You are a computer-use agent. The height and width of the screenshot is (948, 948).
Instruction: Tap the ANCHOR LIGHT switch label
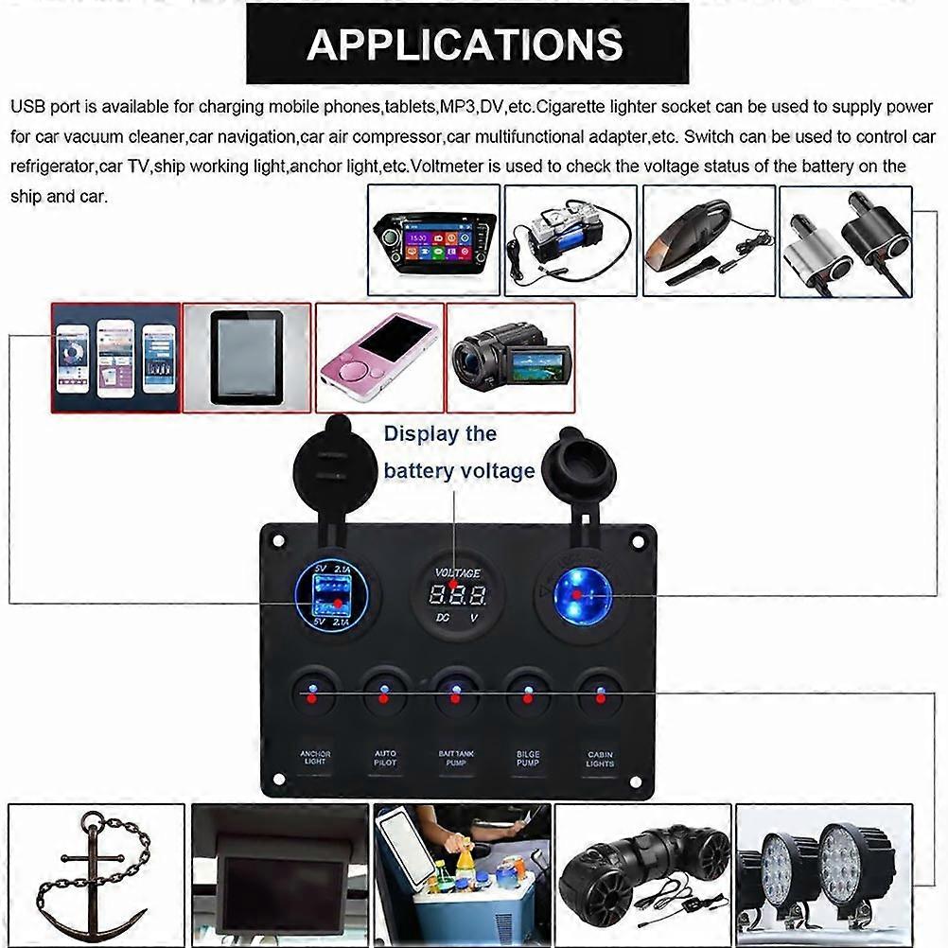(x=315, y=758)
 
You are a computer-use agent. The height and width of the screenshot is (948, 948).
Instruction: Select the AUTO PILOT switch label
(x=385, y=758)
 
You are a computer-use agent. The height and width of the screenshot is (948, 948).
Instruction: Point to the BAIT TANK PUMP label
(x=456, y=758)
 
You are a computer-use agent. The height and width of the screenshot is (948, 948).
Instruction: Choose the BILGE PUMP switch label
(x=528, y=758)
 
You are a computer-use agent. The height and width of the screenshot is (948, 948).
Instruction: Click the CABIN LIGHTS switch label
(x=600, y=758)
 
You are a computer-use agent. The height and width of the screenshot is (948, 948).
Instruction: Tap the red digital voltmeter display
(x=457, y=596)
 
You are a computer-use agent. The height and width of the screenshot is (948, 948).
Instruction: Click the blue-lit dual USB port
(x=325, y=595)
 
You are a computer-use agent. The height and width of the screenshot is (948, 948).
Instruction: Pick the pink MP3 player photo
(x=378, y=358)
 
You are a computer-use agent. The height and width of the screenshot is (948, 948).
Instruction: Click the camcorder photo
(x=510, y=358)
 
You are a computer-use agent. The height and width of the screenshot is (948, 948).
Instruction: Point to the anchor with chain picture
(x=96, y=875)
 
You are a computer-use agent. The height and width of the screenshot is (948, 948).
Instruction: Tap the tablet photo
(x=246, y=358)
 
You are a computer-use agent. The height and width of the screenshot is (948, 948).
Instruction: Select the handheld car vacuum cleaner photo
(x=709, y=240)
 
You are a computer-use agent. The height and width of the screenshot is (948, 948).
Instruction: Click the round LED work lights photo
(x=824, y=875)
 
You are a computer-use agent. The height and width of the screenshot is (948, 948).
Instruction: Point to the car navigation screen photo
(x=433, y=240)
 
